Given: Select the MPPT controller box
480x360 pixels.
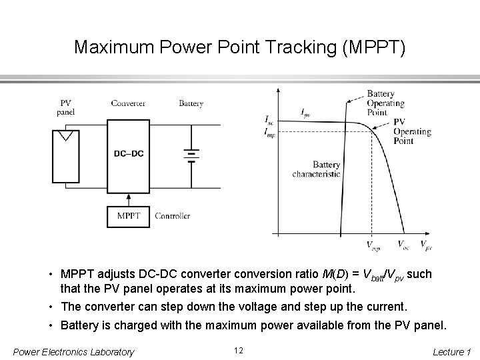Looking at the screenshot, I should point(128,216).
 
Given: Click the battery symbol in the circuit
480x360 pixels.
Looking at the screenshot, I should point(191,155).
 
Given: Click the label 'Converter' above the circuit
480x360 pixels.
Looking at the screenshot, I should point(128,103).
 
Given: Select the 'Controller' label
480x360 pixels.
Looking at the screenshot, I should point(172,216).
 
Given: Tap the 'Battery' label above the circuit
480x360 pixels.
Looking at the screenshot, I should point(191,103).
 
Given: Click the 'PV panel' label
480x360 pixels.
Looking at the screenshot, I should point(66,107).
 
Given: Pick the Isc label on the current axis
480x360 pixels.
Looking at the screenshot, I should point(269,121).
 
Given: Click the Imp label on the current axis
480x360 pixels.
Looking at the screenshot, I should point(269,132).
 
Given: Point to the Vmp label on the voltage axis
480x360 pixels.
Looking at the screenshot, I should point(373,246).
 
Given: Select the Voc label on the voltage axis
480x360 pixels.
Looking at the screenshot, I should point(403,245).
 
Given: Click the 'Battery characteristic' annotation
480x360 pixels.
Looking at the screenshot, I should point(316,169).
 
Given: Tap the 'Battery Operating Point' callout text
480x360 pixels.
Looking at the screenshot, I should point(385,103).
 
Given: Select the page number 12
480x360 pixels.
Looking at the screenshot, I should point(240,351).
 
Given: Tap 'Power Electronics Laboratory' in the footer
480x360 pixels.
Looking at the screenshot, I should point(73,351).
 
